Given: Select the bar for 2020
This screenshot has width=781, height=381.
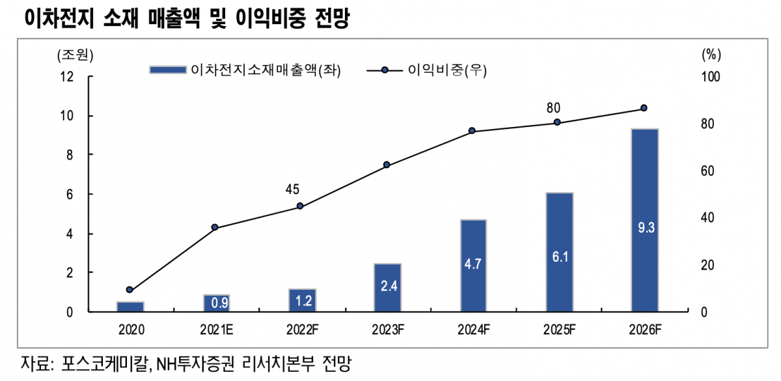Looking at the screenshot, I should click(x=130, y=306).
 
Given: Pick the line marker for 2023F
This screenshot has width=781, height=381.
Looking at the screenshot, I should click(x=387, y=165).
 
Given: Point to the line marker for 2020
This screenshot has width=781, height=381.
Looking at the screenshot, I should click(x=130, y=290).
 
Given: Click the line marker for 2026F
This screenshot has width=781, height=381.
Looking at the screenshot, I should click(x=644, y=108).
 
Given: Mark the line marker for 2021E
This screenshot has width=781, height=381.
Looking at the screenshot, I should click(x=215, y=227).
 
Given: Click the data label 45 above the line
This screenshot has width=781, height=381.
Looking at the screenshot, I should click(x=292, y=190).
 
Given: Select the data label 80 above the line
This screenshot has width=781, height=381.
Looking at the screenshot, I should click(x=554, y=107).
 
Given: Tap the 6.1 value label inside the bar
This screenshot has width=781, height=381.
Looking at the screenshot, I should click(x=559, y=257).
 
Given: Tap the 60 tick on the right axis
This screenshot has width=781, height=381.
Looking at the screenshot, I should click(x=708, y=171).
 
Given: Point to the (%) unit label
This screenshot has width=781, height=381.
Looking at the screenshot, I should click(x=712, y=55).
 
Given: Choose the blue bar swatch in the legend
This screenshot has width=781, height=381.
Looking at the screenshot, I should click(x=167, y=70).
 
